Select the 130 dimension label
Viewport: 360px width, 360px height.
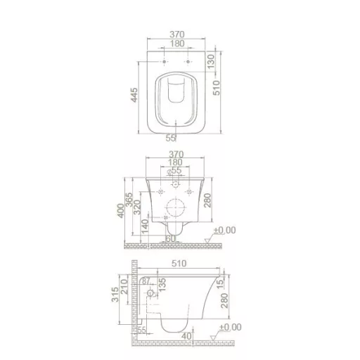[x=209, y=64]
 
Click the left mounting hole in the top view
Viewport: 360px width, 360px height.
[x=164, y=63]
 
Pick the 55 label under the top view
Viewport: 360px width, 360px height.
[x=170, y=139]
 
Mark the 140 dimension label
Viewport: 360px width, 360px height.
[x=146, y=226]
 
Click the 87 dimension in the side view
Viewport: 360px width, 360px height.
[x=146, y=282]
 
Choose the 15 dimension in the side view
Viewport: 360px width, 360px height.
[x=221, y=281]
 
